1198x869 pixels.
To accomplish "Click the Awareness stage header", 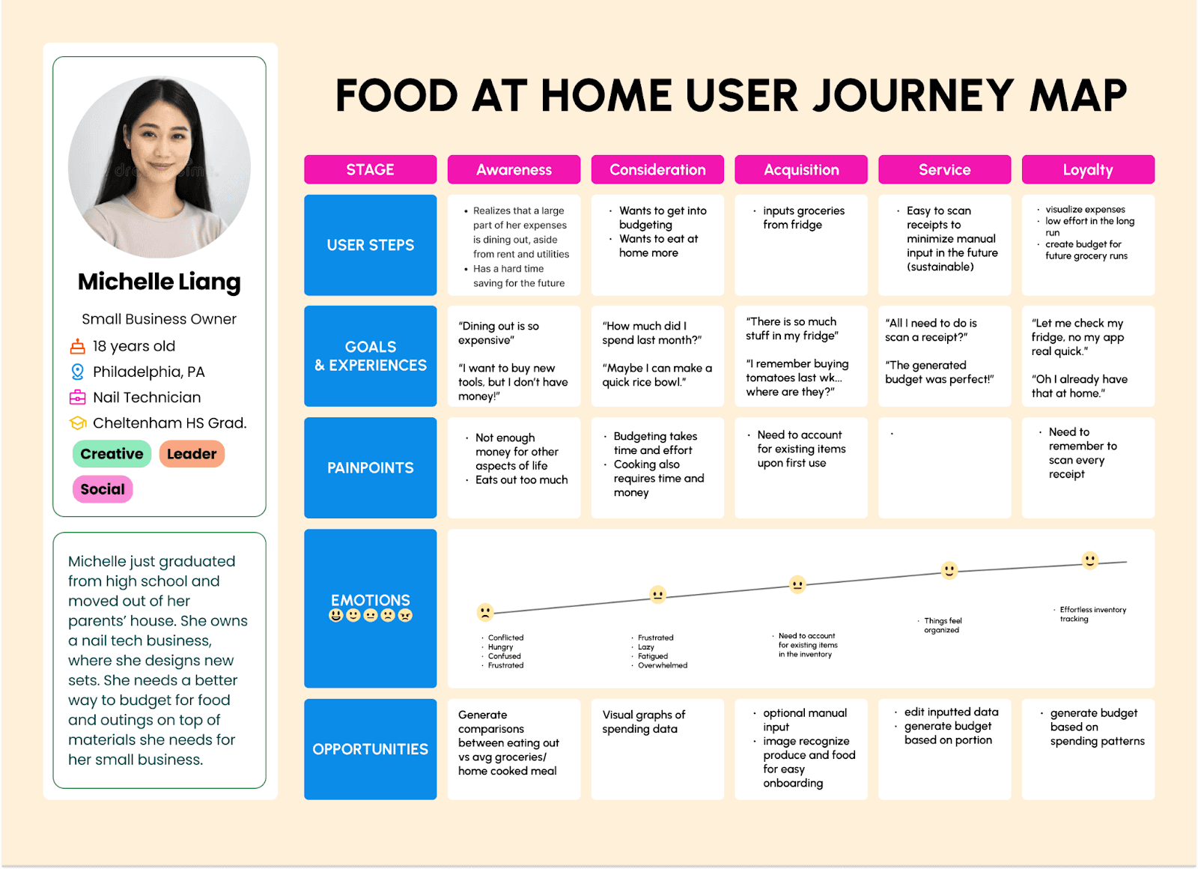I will (514, 169).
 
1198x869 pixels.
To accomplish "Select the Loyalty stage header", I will (1087, 169).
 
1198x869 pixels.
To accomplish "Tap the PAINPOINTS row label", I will (370, 467).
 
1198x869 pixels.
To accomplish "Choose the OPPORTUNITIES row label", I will (370, 749).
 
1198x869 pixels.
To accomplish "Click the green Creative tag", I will (112, 454).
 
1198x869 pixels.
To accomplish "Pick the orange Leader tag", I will (192, 454).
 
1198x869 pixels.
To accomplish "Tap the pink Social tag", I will (103, 489).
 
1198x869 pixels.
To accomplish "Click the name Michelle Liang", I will (159, 282).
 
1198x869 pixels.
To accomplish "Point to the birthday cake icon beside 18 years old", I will (78, 346).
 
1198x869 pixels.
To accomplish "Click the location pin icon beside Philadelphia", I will (78, 372).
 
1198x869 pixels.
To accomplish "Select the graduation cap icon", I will (78, 423).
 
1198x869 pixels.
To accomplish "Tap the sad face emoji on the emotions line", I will (485, 612).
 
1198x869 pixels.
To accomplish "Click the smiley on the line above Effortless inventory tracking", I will (1090, 560).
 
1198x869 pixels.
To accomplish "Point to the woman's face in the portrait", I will (159, 142).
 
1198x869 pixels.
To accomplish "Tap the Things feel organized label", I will (942, 626).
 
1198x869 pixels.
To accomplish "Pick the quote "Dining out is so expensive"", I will (499, 333).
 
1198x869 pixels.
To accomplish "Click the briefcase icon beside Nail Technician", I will (78, 397).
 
